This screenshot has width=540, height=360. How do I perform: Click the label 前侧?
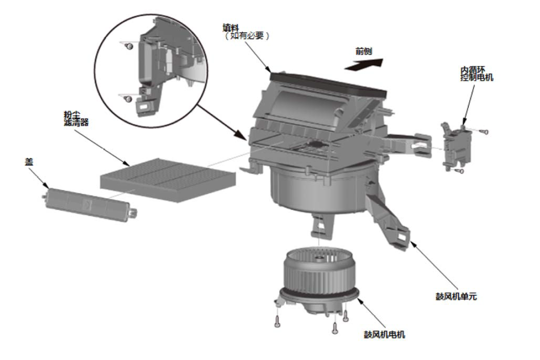(x=364, y=51)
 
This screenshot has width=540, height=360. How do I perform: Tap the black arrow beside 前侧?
(x=364, y=65)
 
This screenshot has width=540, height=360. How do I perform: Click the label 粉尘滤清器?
(x=76, y=118)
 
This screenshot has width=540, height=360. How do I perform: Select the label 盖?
(x=29, y=162)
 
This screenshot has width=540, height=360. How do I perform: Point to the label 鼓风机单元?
(x=456, y=296)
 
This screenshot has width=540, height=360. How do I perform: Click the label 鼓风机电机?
(x=385, y=334)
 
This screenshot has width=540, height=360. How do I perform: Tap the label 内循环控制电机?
(x=477, y=74)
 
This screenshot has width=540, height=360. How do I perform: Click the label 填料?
(x=231, y=27)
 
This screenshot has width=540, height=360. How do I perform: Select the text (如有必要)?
(x=247, y=36)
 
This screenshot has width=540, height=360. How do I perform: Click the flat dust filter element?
(x=168, y=180)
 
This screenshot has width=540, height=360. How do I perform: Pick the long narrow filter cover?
(x=90, y=204)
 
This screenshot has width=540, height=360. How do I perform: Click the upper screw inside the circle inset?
(x=130, y=46)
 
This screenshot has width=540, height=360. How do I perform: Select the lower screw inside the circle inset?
(x=129, y=99)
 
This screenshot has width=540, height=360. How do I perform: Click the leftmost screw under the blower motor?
(x=277, y=321)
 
